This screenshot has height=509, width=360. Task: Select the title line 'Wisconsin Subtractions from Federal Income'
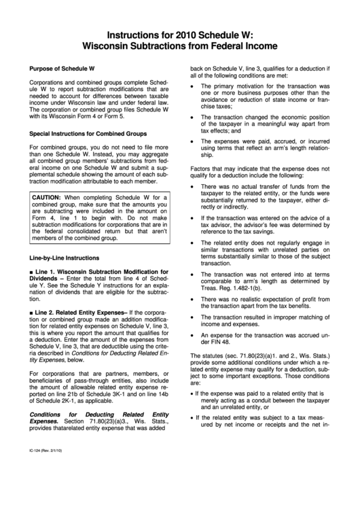coord(180,46)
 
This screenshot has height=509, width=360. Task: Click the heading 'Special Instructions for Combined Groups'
coord(88,135)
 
